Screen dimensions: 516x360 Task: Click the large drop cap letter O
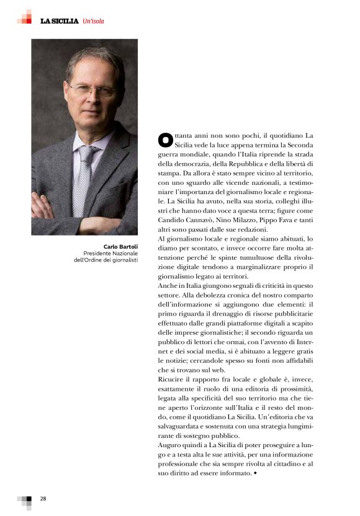click(x=164, y=139)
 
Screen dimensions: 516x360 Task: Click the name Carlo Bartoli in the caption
click(x=120, y=246)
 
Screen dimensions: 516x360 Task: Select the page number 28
click(x=43, y=499)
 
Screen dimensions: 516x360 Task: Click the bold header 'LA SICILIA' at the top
click(x=60, y=21)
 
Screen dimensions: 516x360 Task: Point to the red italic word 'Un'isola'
click(x=93, y=21)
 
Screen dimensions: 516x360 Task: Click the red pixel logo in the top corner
click(x=24, y=17)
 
